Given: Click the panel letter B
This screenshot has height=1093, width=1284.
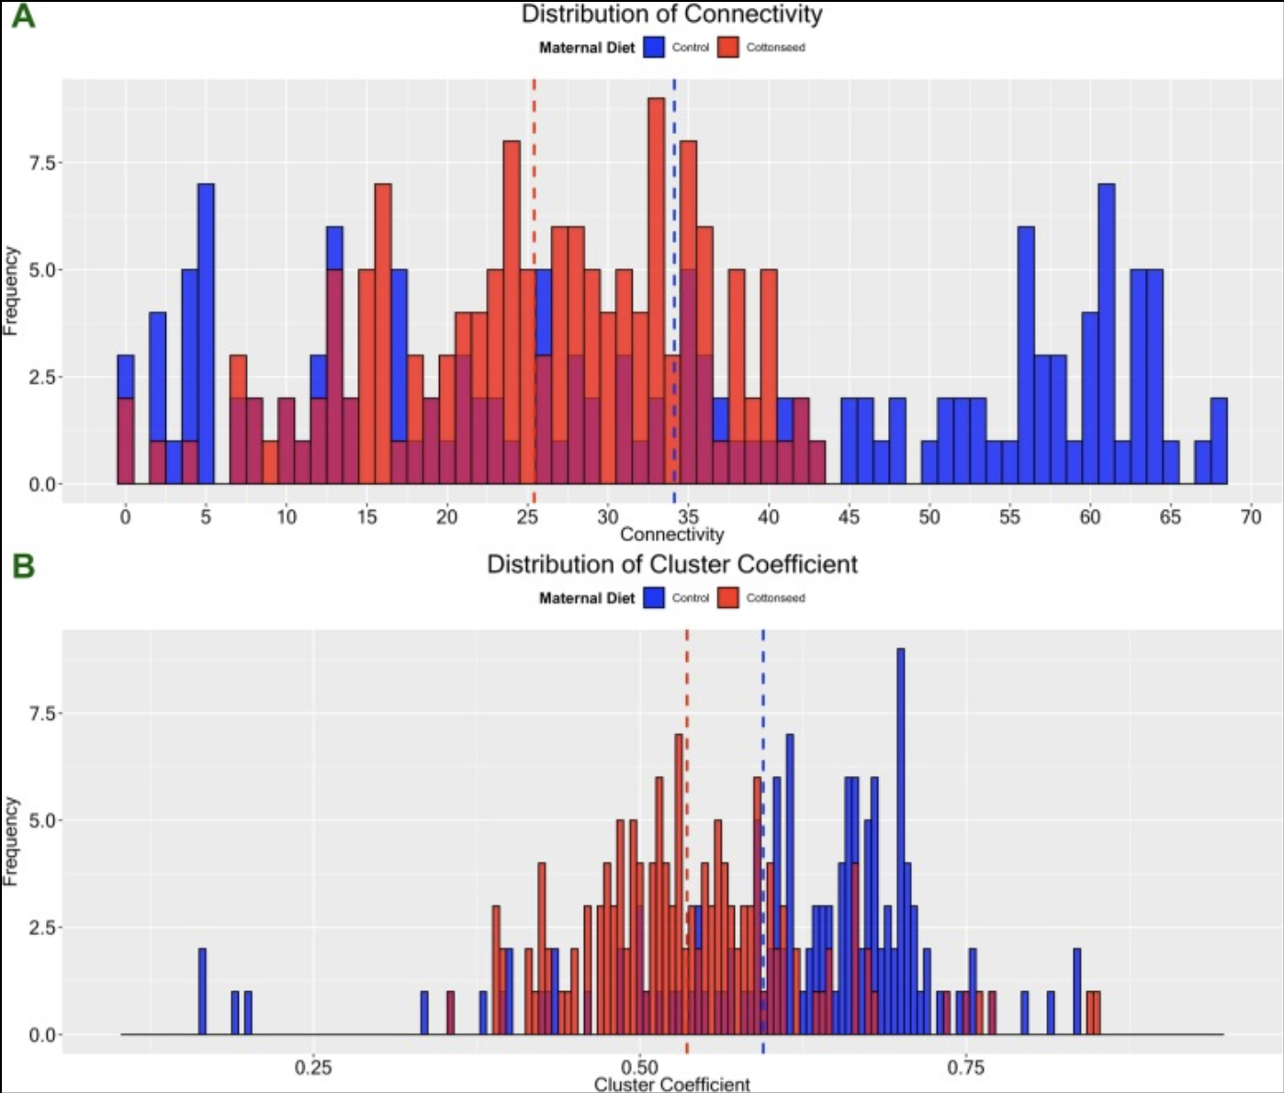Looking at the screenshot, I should tap(23, 566).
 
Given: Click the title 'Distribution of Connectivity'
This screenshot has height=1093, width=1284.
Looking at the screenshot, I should tap(671, 15).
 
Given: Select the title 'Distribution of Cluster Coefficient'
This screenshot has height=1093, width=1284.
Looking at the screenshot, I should tap(671, 564).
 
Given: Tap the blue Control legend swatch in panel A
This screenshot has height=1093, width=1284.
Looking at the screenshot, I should tap(654, 48).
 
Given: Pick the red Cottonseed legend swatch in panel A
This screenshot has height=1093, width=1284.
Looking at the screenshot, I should tap(728, 48).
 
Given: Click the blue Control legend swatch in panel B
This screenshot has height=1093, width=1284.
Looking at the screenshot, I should tap(654, 598).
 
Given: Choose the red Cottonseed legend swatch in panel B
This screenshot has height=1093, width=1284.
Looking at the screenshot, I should tap(728, 598).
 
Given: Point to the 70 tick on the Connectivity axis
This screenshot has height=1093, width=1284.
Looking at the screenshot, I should tap(1251, 517).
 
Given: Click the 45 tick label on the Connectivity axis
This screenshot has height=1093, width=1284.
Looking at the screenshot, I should tap(849, 517).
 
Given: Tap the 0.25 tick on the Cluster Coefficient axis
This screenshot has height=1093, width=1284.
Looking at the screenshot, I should tap(313, 1067).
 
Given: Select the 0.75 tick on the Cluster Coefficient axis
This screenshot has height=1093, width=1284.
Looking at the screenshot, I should tap(965, 1067).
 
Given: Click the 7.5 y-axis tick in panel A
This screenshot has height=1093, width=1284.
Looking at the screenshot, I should tap(42, 163).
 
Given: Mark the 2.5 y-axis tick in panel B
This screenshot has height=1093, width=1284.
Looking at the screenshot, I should tap(42, 928).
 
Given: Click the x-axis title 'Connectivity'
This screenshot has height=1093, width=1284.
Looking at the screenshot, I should tap(671, 535).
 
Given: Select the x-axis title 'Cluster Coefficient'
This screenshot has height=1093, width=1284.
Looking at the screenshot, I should tap(671, 1084).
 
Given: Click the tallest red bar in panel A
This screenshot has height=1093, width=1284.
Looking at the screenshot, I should tap(656, 230).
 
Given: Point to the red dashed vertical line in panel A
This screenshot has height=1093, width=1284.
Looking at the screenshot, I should tap(534, 184).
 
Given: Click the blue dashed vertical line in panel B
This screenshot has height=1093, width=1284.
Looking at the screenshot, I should tap(763, 698).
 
